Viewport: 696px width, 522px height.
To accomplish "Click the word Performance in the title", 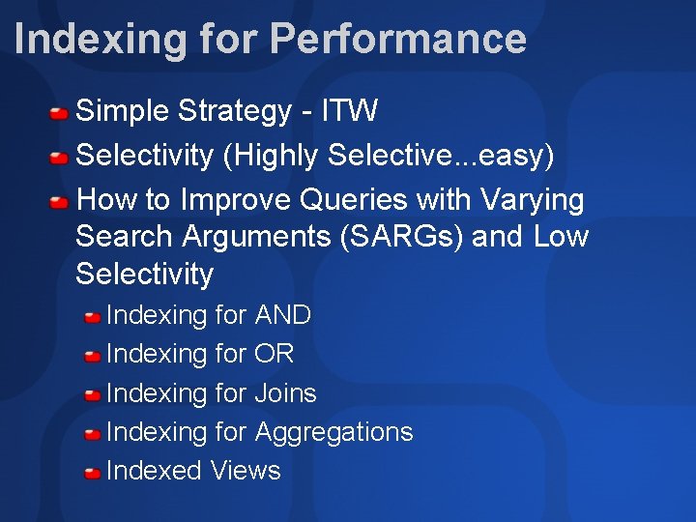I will (398, 40).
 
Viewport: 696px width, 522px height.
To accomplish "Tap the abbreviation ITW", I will (349, 111).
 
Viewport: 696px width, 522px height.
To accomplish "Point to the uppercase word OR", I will (274, 354).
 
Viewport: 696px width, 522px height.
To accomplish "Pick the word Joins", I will (285, 393).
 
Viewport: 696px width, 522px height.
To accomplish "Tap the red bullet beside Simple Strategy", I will (60, 114).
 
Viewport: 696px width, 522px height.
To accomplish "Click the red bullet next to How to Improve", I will (60, 202).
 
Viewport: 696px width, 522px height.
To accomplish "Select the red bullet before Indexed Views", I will (93, 473).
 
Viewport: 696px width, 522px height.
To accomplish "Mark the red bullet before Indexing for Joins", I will (93, 395).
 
